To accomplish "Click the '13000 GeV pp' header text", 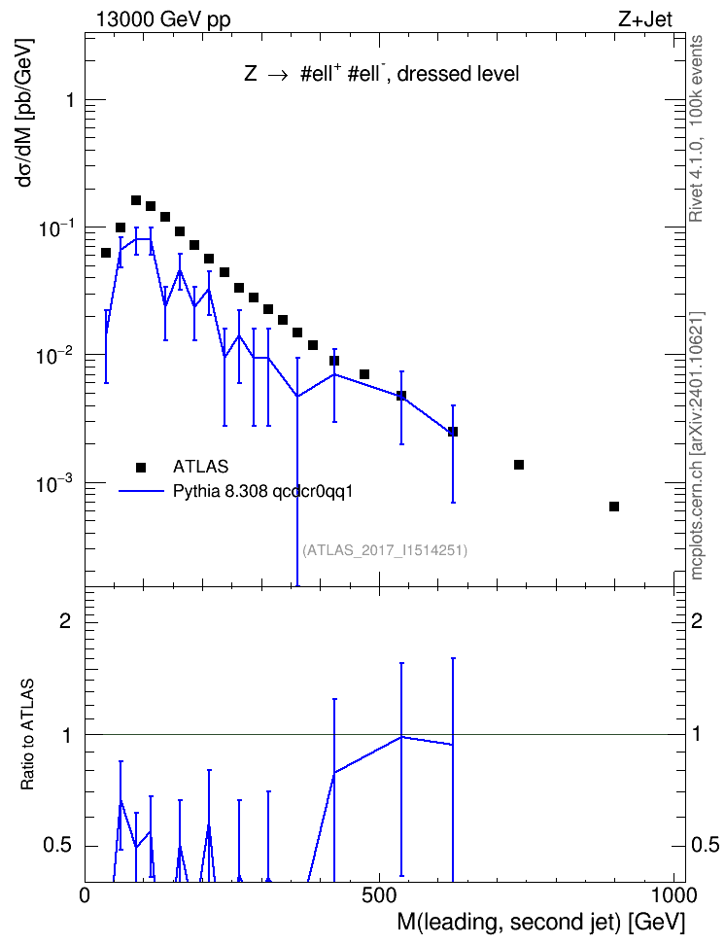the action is (163, 19).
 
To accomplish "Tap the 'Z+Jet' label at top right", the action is (645, 19).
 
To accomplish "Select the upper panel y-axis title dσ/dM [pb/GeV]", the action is (24, 113).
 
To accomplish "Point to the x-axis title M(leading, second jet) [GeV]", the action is (540, 922).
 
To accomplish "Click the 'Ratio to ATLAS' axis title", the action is (27, 734).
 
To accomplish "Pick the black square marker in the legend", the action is (141, 467).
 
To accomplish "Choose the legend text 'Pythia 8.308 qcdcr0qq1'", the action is (262, 492).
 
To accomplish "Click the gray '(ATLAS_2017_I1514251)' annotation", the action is (385, 549).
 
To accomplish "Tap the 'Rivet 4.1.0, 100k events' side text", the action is (696, 128).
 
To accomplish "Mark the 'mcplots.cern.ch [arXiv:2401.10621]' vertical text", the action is (697, 445).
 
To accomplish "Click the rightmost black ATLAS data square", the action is (614, 507).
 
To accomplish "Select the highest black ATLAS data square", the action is (136, 200).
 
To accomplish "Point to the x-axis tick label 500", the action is (379, 895).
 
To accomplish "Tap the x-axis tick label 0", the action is (85, 895).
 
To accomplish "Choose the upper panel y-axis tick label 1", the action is (70, 100).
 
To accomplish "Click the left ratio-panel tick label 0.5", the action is (58, 845).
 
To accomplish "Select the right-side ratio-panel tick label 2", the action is (697, 620).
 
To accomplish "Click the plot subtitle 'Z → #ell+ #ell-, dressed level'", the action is (382, 73).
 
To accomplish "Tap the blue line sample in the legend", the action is (141, 492).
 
